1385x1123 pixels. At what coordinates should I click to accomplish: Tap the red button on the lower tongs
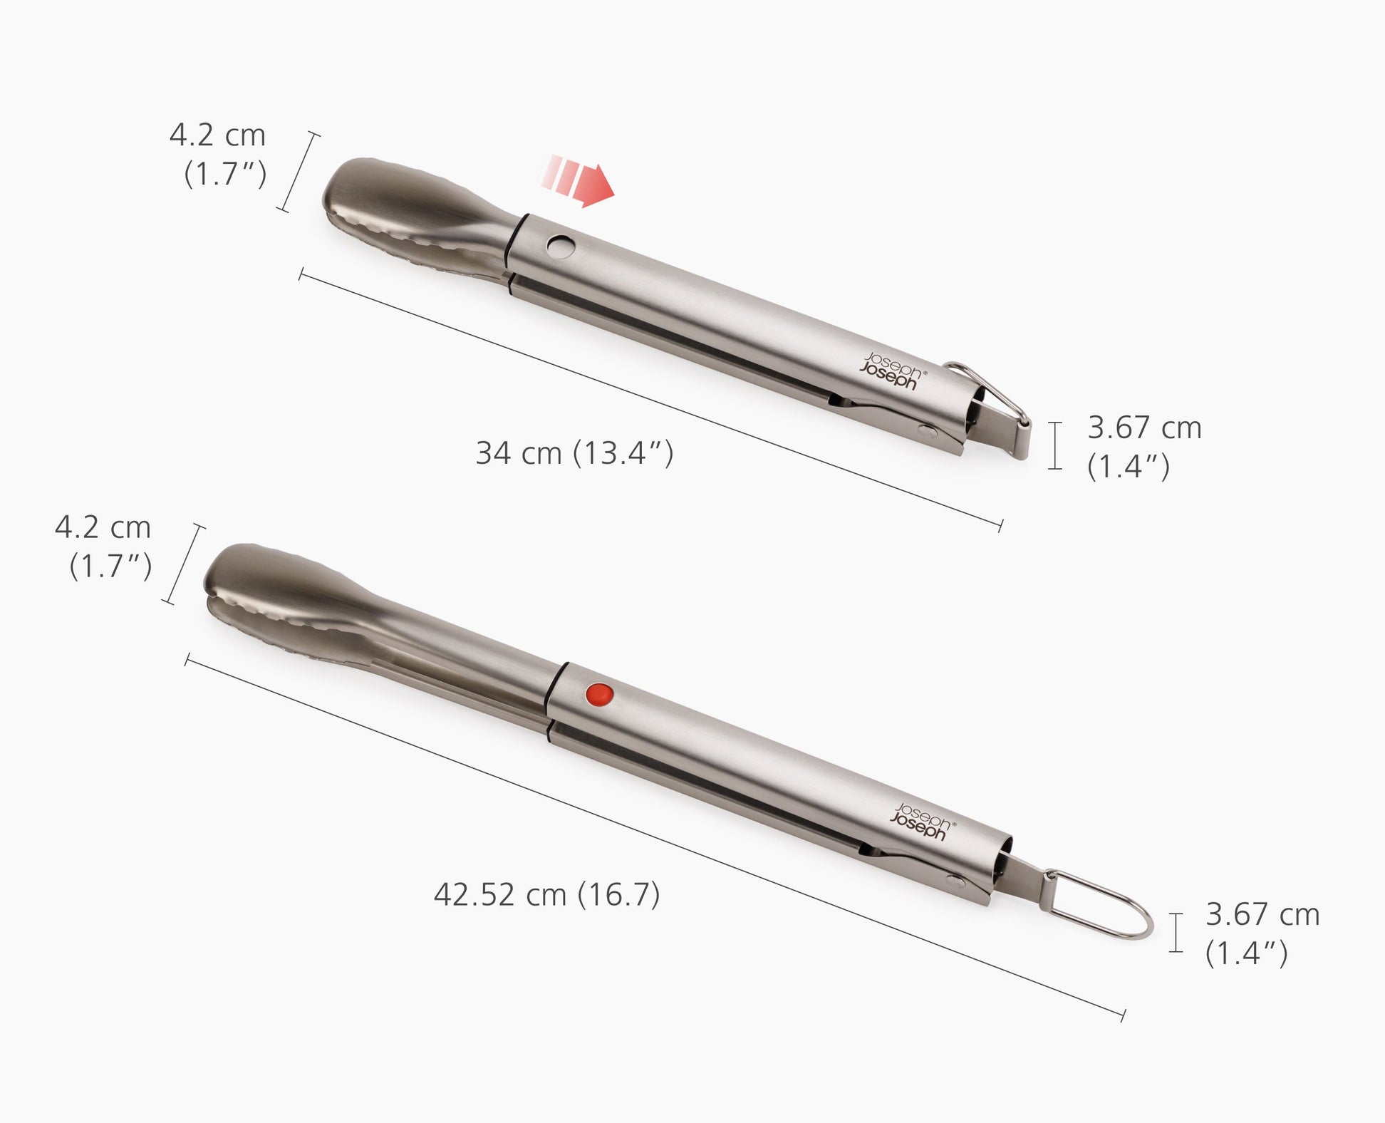point(598,693)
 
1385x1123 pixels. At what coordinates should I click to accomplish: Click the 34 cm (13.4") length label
point(574,453)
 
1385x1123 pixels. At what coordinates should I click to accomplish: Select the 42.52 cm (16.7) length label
point(546,895)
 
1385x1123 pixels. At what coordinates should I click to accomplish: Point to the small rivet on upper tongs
point(926,430)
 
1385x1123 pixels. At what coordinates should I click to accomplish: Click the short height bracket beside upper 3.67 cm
point(1055,445)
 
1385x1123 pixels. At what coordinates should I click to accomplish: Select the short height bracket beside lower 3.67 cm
point(1176,932)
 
